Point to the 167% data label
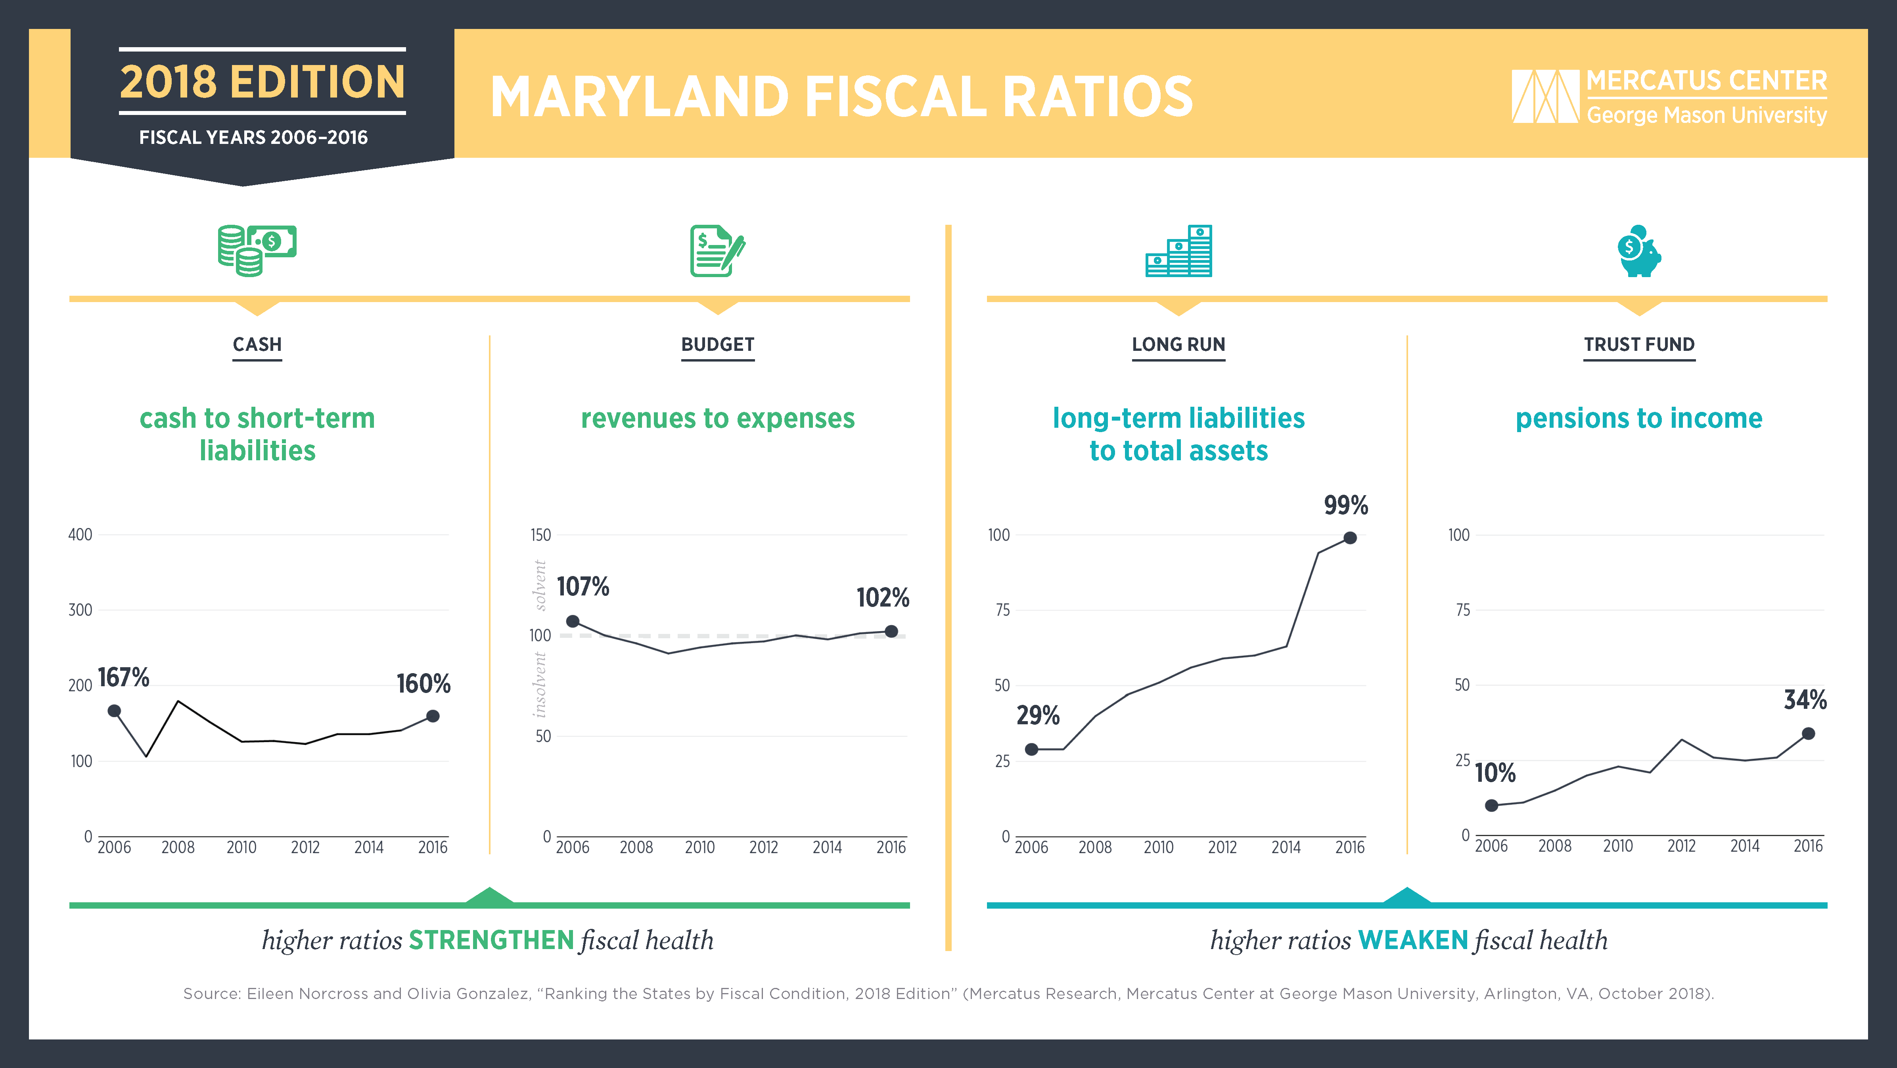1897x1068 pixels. [124, 677]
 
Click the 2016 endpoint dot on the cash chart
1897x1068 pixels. [433, 716]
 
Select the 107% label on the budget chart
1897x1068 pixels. [583, 587]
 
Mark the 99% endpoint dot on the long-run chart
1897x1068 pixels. [1350, 538]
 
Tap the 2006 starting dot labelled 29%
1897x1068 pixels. [1032, 749]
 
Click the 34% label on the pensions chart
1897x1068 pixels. [1805, 699]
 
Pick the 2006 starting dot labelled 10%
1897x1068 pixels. [1491, 805]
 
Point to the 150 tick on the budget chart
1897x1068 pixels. [540, 535]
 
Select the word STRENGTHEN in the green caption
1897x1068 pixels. [491, 940]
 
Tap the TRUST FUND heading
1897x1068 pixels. [1639, 345]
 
